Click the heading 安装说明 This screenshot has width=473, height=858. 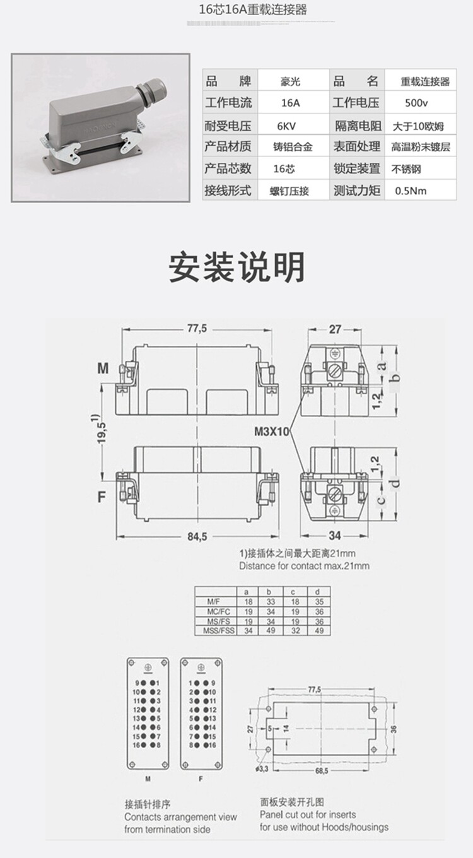pyautogui.click(x=237, y=267)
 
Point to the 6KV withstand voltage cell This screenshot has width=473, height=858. pyautogui.click(x=290, y=125)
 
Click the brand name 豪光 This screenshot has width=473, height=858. pyautogui.click(x=290, y=81)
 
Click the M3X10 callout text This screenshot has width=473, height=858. pyautogui.click(x=272, y=433)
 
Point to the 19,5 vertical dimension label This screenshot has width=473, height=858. pyautogui.click(x=101, y=432)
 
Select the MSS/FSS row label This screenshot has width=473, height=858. pyautogui.click(x=214, y=631)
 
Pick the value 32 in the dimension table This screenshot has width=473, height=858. pyautogui.click(x=295, y=631)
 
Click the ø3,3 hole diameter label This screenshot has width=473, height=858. pyautogui.click(x=263, y=769)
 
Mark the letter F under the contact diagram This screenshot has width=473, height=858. pyautogui.click(x=201, y=779)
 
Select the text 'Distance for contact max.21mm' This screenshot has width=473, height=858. pyautogui.click(x=304, y=566)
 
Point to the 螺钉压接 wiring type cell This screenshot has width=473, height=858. pyautogui.click(x=289, y=190)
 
